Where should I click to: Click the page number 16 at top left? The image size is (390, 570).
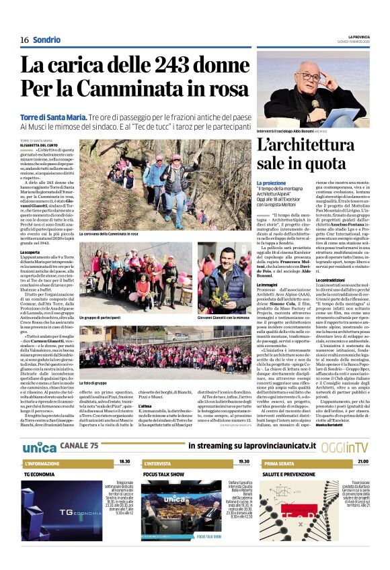[24, 40]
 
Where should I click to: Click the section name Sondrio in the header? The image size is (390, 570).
[46, 40]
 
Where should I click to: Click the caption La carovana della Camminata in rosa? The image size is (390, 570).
[108, 234]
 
